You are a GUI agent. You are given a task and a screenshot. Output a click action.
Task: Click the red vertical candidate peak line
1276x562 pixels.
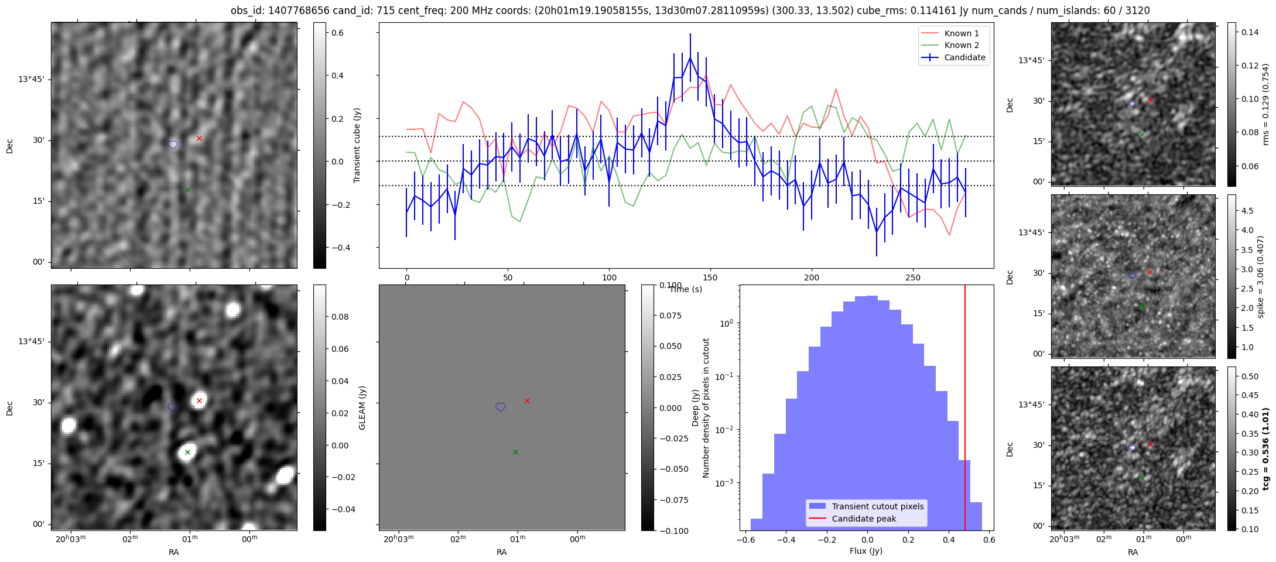pyautogui.click(x=965, y=410)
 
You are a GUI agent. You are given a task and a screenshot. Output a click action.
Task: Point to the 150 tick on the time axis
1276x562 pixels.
pyautogui.click(x=710, y=277)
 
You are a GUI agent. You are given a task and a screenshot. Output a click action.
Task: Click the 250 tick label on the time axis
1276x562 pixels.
pyautogui.click(x=913, y=277)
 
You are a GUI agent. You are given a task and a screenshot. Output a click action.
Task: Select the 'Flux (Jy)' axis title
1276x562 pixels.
pyautogui.click(x=866, y=551)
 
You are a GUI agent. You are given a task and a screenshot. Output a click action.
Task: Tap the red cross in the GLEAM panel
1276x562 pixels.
pyautogui.click(x=199, y=400)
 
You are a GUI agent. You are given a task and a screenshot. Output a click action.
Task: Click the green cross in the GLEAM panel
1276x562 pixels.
pyautogui.click(x=187, y=452)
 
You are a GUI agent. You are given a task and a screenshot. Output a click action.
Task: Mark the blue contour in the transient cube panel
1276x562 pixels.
pyautogui.click(x=173, y=145)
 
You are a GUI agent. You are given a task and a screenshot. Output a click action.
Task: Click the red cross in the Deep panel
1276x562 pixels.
pyautogui.click(x=527, y=400)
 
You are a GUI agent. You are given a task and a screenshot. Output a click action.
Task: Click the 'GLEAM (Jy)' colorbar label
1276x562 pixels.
pyautogui.click(x=362, y=408)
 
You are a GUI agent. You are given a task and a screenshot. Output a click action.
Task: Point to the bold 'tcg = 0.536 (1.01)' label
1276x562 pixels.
pyautogui.click(x=1265, y=448)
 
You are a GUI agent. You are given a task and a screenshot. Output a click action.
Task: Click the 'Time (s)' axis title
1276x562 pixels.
pyautogui.click(x=686, y=289)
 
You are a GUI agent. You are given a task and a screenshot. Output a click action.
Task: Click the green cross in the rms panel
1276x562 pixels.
pyautogui.click(x=1142, y=134)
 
